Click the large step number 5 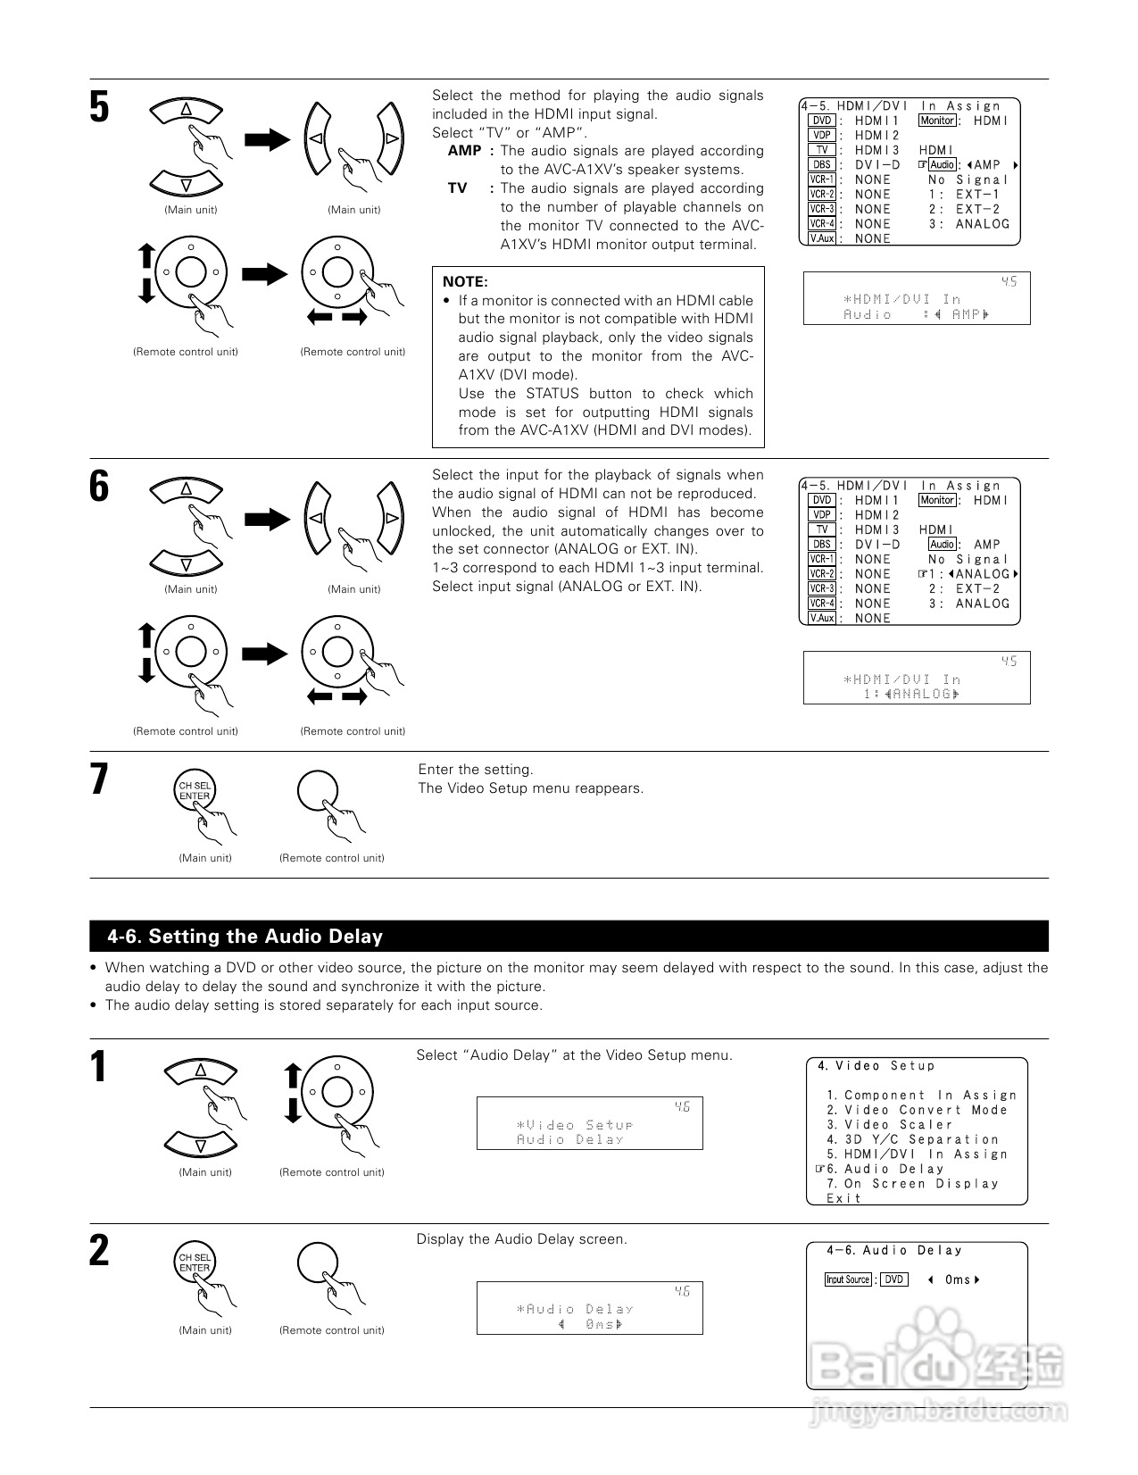pyautogui.click(x=99, y=107)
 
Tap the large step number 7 pyautogui.click(x=99, y=779)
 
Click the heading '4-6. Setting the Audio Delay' pyautogui.click(x=245, y=937)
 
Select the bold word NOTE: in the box pyautogui.click(x=465, y=282)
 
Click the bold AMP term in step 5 pyautogui.click(x=464, y=151)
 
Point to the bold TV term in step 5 pyautogui.click(x=457, y=188)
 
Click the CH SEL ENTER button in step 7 pyautogui.click(x=195, y=791)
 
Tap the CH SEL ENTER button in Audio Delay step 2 pyautogui.click(x=195, y=1262)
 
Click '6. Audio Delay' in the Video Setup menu pyautogui.click(x=885, y=1170)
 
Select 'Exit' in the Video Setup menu pyautogui.click(x=843, y=1199)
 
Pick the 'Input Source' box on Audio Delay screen pyautogui.click(x=847, y=1279)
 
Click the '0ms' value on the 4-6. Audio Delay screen pyautogui.click(x=957, y=1280)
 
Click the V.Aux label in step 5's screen pyautogui.click(x=821, y=239)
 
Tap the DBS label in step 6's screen pyautogui.click(x=821, y=545)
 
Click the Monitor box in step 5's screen pyautogui.click(x=937, y=121)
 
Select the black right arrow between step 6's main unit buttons pyautogui.click(x=268, y=519)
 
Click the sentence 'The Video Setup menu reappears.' pyautogui.click(x=530, y=788)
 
